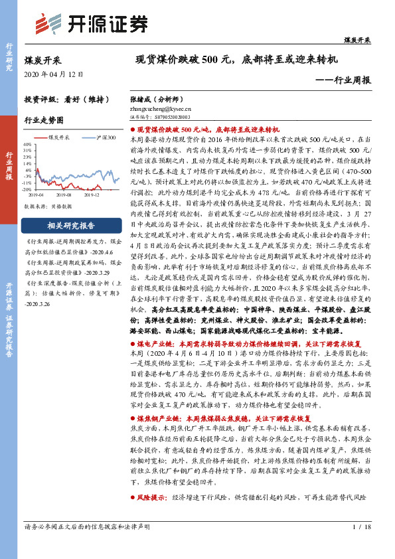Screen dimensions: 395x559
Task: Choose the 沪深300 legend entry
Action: tap(102, 137)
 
